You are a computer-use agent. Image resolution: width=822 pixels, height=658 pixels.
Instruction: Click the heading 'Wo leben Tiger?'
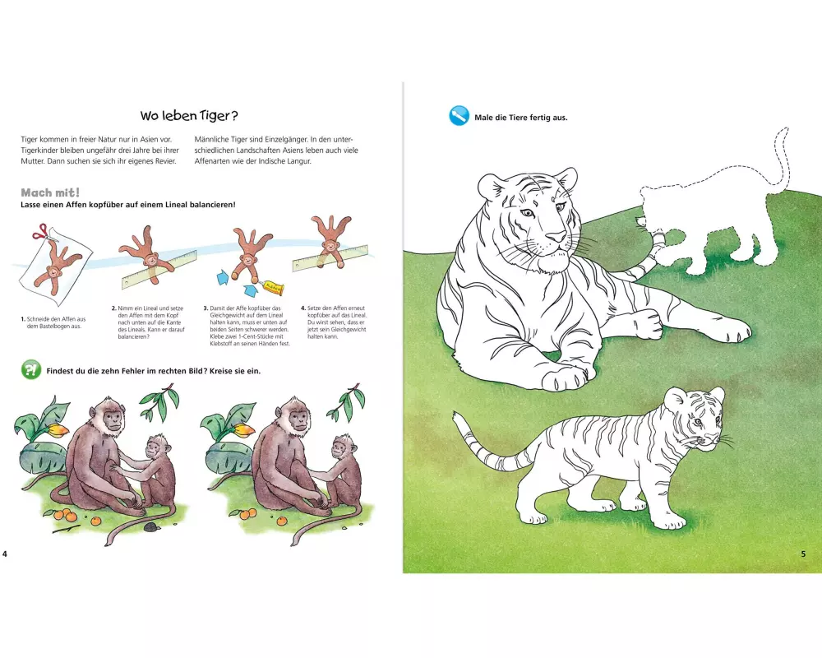pyautogui.click(x=189, y=115)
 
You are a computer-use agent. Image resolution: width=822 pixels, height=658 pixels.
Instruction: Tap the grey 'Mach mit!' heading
pyautogui.click(x=50, y=192)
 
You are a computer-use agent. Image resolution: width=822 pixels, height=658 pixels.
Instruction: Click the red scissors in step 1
pyautogui.click(x=39, y=232)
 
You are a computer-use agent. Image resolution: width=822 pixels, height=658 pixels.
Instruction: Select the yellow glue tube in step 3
pyautogui.click(x=274, y=286)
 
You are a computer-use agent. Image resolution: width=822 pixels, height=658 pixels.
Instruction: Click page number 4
pyautogui.click(x=5, y=554)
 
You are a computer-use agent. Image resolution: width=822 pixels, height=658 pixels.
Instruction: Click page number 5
pyautogui.click(x=803, y=554)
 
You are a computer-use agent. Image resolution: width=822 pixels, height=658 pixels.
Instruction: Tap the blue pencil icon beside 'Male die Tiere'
pyautogui.click(x=459, y=116)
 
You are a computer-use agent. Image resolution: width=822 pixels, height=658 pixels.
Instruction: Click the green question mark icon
pyautogui.click(x=31, y=369)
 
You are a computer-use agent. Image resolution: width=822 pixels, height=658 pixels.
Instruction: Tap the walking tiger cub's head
pyautogui.click(x=695, y=417)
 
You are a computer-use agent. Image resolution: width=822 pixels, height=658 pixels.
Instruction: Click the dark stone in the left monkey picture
pyautogui.click(x=150, y=526)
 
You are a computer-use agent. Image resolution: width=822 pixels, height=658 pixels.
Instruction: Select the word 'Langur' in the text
pyautogui.click(x=299, y=161)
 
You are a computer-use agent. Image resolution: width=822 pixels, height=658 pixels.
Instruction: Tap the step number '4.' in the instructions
pyautogui.click(x=303, y=308)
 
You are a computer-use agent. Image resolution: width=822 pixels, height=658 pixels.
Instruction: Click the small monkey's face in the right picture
pyautogui.click(x=339, y=448)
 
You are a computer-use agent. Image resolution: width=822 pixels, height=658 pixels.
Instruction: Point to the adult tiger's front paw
pyautogui.click(x=566, y=377)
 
